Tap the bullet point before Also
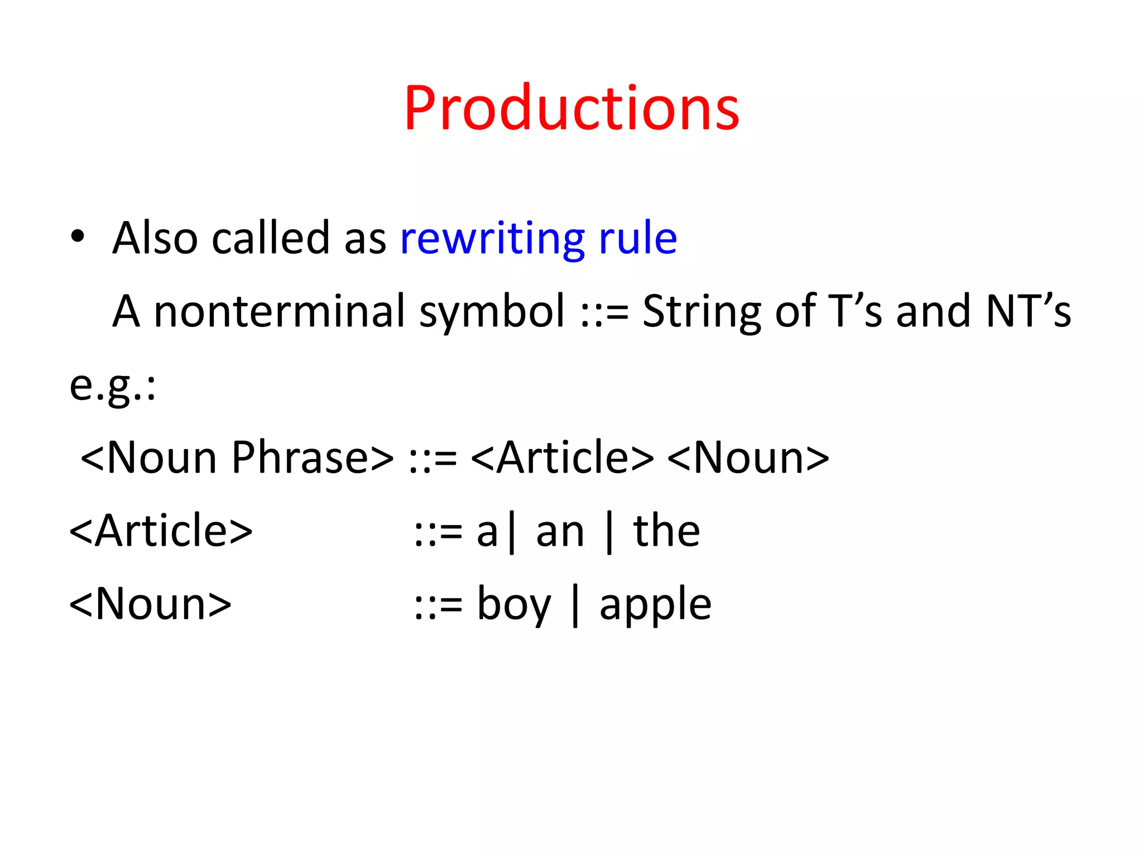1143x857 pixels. (78, 237)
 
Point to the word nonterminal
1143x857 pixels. (279, 311)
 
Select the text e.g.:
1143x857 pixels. (112, 386)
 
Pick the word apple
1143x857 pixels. (655, 606)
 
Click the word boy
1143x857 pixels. (514, 606)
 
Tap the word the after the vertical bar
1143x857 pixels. (666, 531)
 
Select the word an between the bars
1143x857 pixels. (560, 532)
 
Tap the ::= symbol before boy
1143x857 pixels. (439, 606)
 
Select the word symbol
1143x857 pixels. (492, 312)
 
